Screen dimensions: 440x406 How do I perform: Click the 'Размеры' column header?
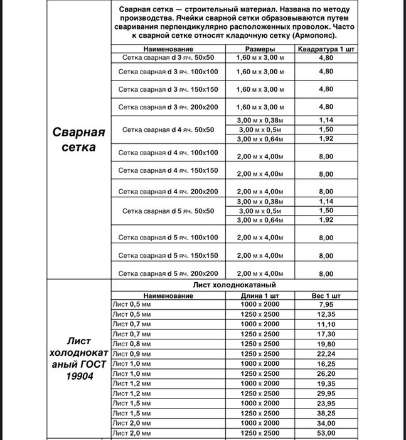[259, 48]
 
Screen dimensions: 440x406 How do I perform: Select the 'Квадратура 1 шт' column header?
[325, 48]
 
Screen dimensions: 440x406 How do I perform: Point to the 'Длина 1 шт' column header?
[259, 295]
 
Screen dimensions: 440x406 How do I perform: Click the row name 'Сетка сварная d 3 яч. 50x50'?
[168, 58]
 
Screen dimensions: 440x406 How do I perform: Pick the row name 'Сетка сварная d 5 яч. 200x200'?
[168, 273]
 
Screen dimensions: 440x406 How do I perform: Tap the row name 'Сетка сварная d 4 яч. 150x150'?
[168, 170]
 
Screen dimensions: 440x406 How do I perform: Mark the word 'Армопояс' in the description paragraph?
[314, 36]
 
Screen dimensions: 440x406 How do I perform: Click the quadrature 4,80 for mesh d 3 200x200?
[325, 107]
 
